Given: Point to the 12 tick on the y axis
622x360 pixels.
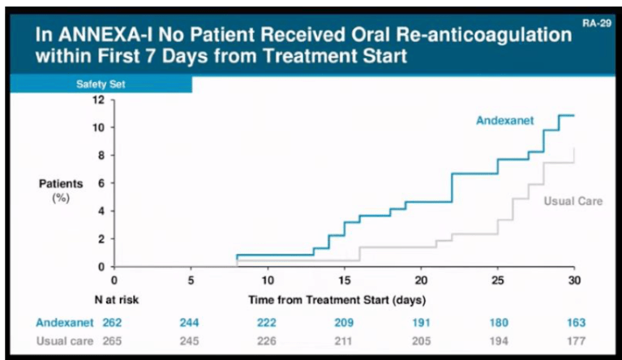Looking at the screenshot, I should point(100,100).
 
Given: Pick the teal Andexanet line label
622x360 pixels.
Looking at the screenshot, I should point(505,121).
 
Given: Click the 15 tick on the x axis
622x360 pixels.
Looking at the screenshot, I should point(344,279).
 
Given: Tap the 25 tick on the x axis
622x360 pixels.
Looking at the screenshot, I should point(497,279).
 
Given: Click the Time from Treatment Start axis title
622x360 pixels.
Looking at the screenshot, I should point(337,299).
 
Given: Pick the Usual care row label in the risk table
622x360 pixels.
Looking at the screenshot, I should point(66,340).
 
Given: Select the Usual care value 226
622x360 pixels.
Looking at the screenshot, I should point(267,340).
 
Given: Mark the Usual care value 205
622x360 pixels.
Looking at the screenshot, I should point(420,340).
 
